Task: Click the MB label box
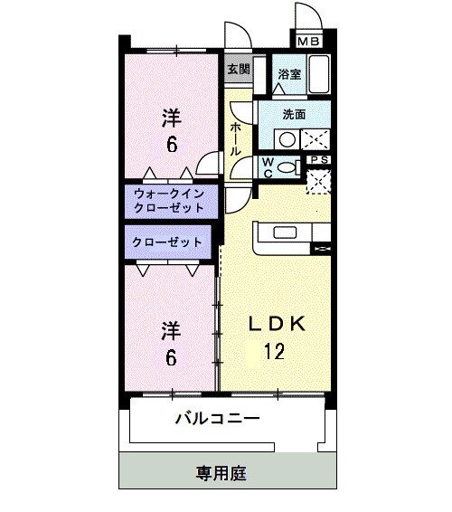tap(308, 41)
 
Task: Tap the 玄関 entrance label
tap(238, 69)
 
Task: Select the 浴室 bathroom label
tap(288, 75)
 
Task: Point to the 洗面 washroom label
tap(294, 115)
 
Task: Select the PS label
tap(319, 160)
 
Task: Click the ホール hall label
tap(236, 140)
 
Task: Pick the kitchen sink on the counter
tap(283, 235)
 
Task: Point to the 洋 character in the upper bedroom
tap(170, 117)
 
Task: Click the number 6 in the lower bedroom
tap(170, 357)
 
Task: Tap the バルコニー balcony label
tap(217, 419)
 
